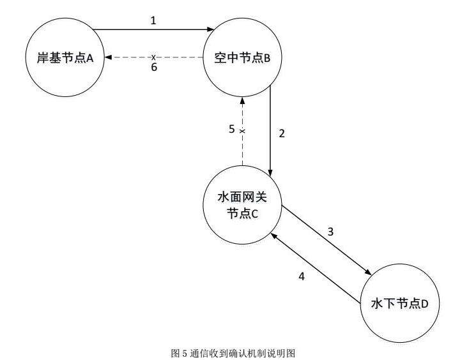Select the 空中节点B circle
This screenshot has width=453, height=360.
point(242,58)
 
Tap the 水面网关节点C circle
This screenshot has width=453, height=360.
point(242,206)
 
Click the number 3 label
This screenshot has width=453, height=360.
point(330,231)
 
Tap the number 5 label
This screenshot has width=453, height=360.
point(232,129)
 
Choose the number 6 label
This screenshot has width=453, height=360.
point(153,68)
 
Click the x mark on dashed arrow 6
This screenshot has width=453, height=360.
point(153,58)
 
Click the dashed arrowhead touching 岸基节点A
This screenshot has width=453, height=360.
point(109,58)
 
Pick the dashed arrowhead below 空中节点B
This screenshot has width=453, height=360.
point(242,101)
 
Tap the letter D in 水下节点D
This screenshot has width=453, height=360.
point(424,303)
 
